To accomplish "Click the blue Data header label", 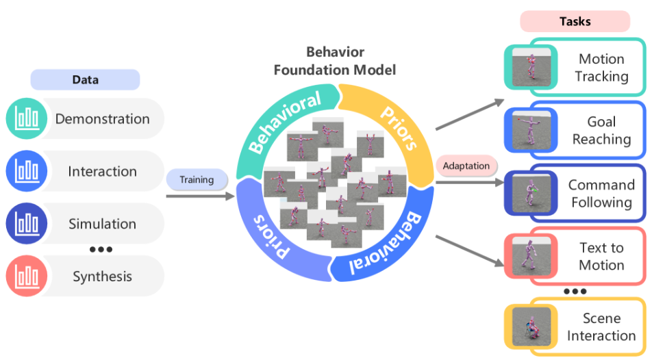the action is [x=85, y=80].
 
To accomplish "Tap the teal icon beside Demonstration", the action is [x=27, y=118].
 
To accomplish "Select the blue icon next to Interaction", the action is [x=27, y=171].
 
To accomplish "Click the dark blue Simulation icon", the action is [x=27, y=223].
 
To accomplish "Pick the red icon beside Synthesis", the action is [x=27, y=276].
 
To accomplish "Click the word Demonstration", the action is [x=102, y=119].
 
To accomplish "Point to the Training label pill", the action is [x=197, y=179].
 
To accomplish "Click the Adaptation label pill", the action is [x=466, y=166].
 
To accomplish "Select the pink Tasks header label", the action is [x=575, y=21].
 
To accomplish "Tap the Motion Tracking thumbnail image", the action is [x=531, y=67].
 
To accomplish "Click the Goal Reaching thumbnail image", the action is [x=531, y=130].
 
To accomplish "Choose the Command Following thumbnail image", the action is [x=531, y=193].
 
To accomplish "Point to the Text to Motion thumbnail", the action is [x=531, y=256].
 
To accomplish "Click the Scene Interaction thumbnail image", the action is [x=531, y=326].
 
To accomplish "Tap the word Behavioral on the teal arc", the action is [x=285, y=121].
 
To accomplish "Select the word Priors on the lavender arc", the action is [x=271, y=237].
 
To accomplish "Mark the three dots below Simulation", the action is [x=101, y=249].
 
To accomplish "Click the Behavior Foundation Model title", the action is [x=335, y=61].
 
